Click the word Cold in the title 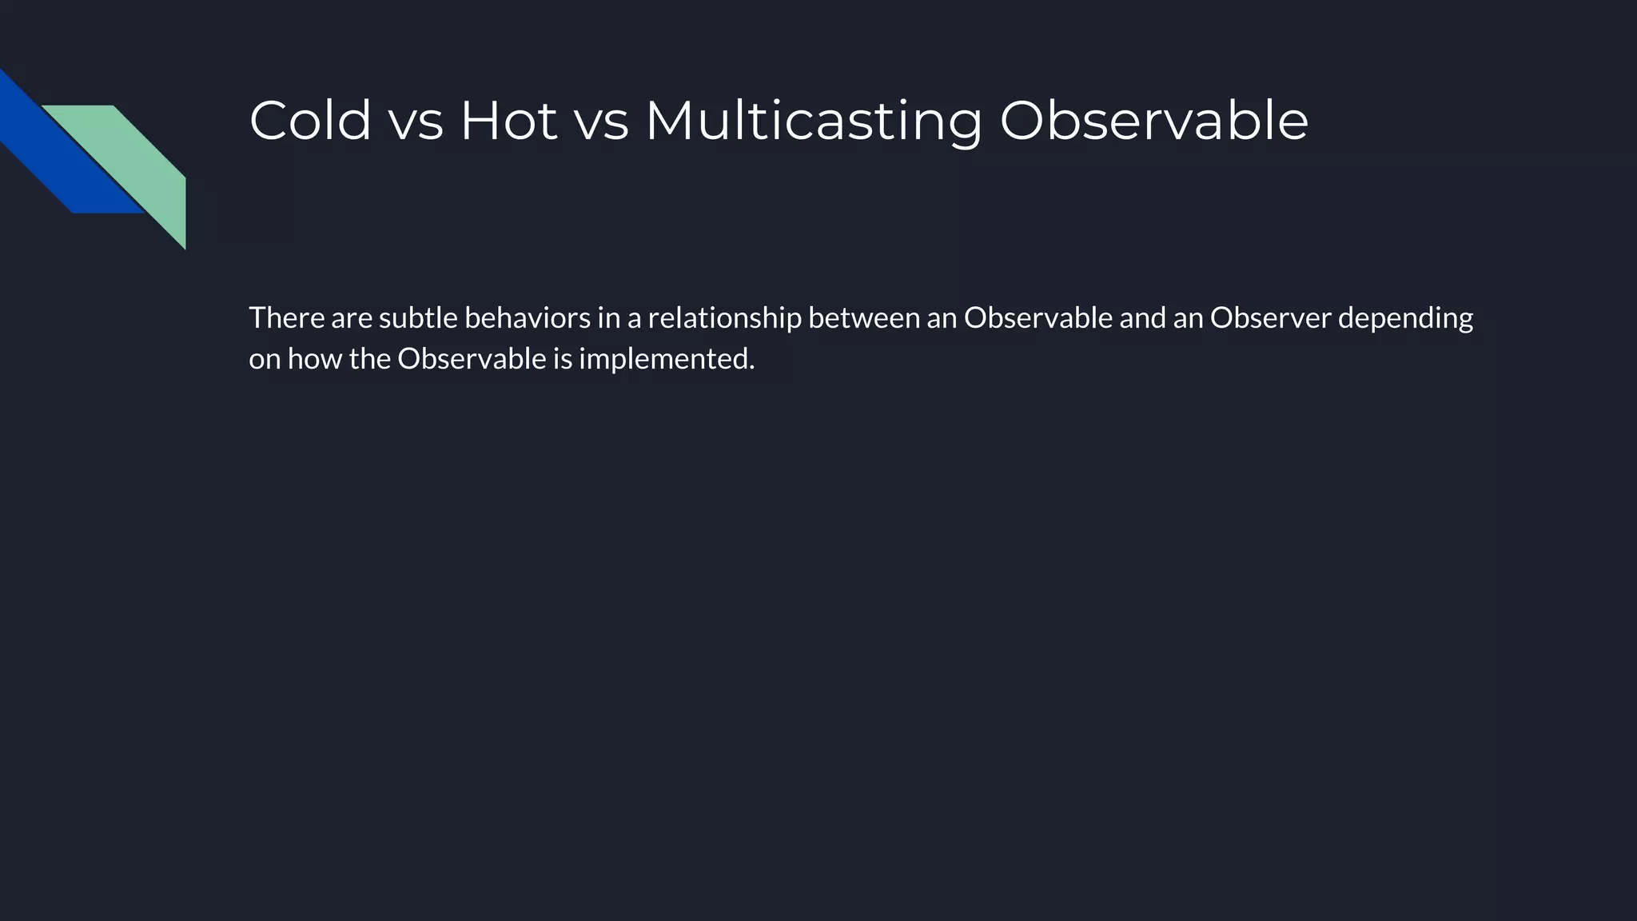point(310,121)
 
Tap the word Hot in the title point(508,121)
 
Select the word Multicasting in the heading point(813,122)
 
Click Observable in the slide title point(1153,121)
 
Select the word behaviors point(528,318)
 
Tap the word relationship point(724,319)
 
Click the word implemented point(667,360)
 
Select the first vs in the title point(416,122)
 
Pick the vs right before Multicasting point(601,122)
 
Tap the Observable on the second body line point(472,359)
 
